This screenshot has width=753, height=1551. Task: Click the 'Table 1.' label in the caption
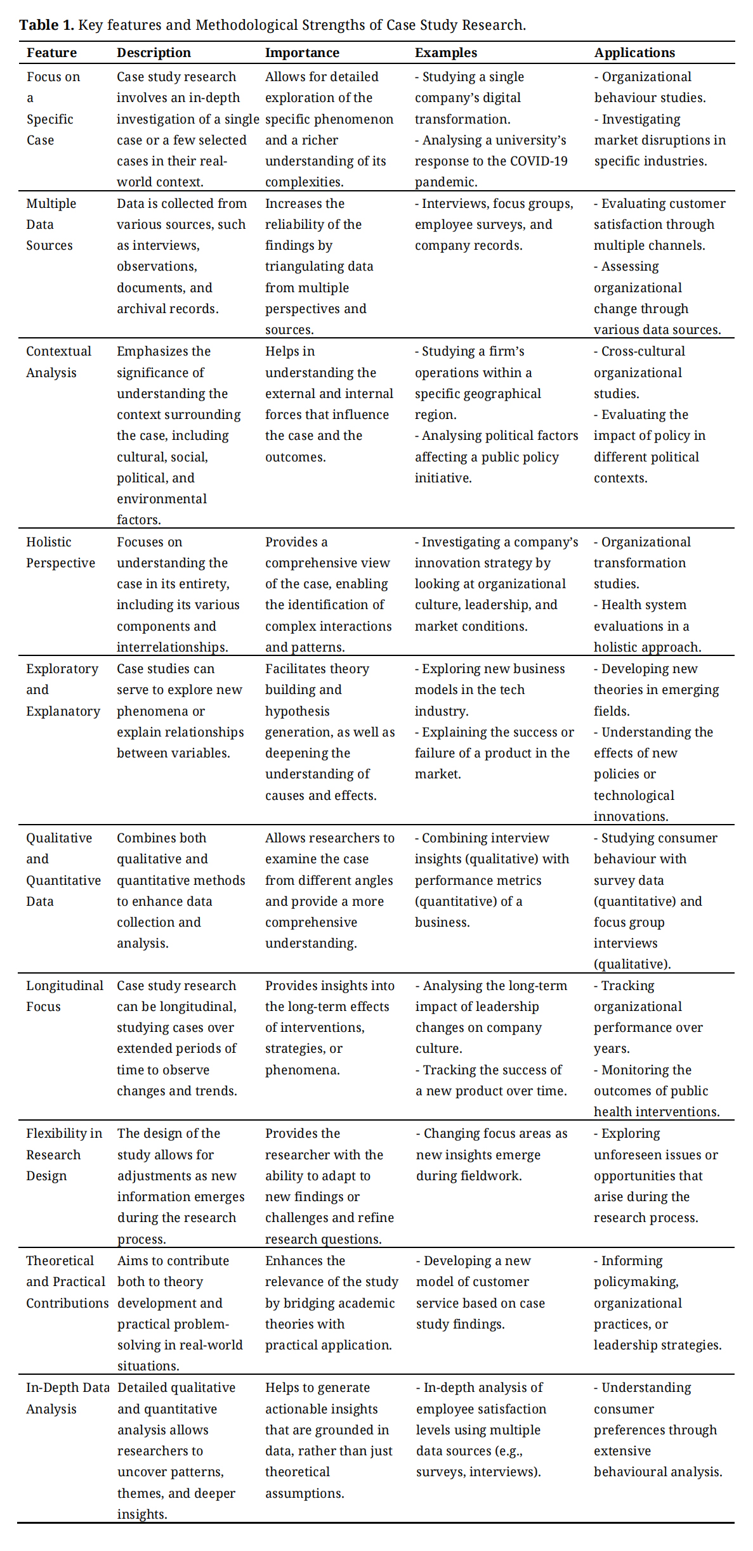tap(46, 25)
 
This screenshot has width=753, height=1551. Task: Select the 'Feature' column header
tap(51, 53)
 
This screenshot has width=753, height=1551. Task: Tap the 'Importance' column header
tap(302, 53)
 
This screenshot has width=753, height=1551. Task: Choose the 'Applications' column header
tap(634, 53)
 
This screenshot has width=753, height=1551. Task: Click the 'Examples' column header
tap(446, 53)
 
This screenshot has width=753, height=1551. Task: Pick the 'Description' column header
tap(154, 53)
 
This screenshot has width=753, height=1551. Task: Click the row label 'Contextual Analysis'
tap(58, 362)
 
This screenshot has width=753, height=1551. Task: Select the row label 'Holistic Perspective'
tap(60, 552)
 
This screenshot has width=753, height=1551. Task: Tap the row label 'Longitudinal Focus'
tap(64, 996)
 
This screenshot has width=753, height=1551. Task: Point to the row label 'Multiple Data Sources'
tap(51, 224)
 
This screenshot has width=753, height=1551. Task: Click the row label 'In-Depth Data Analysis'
tap(67, 1398)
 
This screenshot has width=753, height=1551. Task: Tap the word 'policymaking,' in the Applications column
tap(636, 1282)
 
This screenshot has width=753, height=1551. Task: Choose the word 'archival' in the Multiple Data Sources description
tap(140, 309)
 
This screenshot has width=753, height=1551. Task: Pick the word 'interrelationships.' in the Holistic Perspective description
tap(172, 647)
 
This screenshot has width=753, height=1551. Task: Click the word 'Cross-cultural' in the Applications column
tap(643, 351)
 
